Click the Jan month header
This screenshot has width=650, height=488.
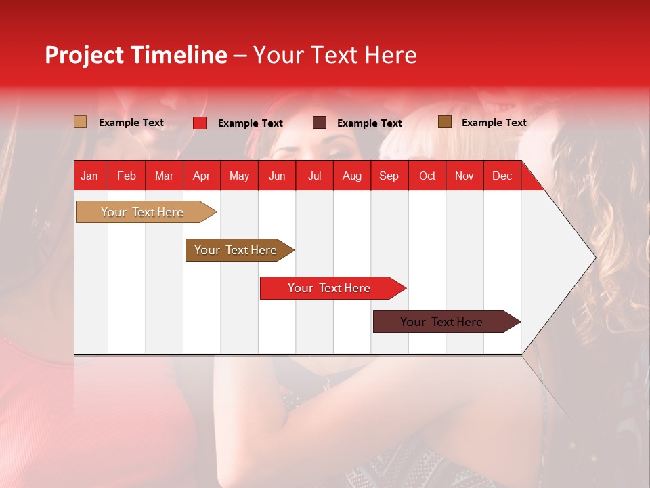pos(89,176)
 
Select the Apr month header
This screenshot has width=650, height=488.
pos(201,176)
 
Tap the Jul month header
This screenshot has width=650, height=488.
pos(314,176)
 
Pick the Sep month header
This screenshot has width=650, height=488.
pos(389,176)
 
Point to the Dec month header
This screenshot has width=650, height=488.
pos(502,176)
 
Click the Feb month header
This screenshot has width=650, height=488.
pos(127,176)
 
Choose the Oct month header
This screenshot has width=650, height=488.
pos(427,176)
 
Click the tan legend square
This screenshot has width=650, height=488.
pos(80,122)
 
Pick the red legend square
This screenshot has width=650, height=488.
pos(200,123)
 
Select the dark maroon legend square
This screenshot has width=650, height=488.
pos(320,123)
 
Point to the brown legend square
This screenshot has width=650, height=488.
pos(444,122)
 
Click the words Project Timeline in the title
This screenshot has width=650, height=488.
pos(135,55)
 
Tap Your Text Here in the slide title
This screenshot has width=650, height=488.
pos(334,55)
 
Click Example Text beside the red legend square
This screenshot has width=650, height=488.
pos(250,123)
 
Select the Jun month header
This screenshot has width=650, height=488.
pos(276,176)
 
